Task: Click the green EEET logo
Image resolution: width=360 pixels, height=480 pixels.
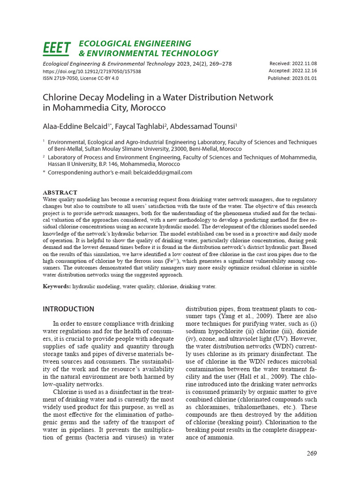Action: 57,48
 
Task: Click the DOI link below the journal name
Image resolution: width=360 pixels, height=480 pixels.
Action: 92,71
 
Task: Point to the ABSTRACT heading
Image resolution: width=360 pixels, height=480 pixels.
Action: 60,193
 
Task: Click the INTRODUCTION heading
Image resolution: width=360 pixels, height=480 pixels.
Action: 68,309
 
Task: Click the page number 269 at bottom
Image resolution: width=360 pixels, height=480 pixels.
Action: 312,453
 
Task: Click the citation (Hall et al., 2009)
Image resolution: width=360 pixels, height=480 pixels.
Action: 237,377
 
